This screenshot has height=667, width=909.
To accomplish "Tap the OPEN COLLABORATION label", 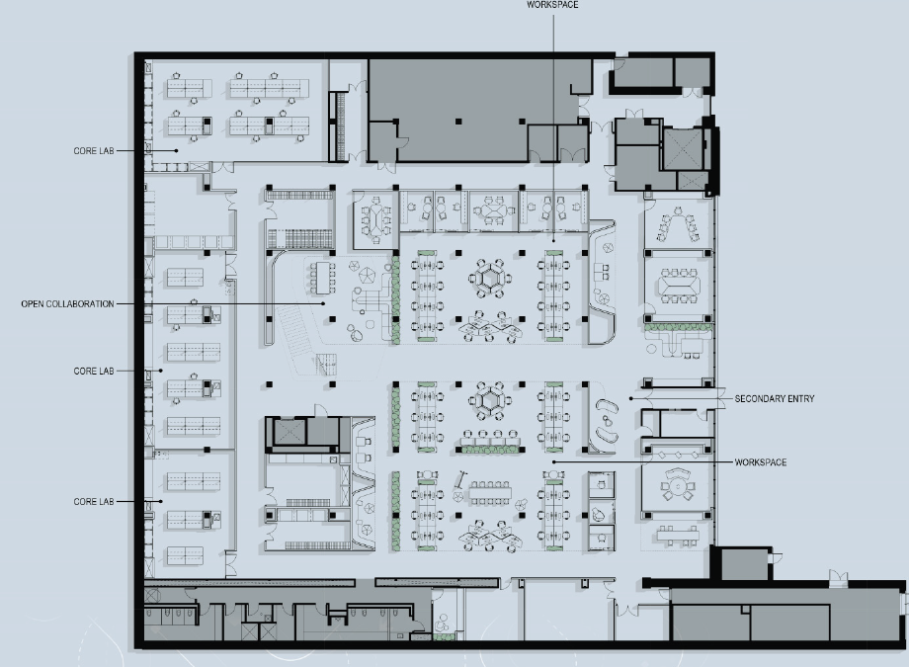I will [67, 303].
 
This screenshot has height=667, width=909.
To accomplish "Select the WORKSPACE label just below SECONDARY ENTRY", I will [761, 462].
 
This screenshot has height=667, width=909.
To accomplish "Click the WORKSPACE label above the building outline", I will [552, 5].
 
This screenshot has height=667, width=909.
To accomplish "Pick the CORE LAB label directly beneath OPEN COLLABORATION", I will [94, 371].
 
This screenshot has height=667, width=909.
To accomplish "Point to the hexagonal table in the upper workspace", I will [488, 278].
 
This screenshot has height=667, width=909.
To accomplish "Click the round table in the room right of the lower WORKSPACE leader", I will [677, 484].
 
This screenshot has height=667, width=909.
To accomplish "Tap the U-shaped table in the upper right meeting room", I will [676, 226].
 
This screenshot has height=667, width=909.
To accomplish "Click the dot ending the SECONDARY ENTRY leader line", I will [630, 399].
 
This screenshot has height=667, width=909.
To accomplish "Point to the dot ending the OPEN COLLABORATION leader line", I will [325, 304].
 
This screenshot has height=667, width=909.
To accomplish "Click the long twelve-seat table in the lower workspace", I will [488, 491].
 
